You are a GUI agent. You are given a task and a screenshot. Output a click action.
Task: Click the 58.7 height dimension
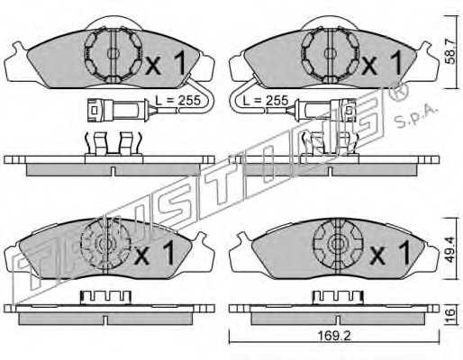coord(450,52)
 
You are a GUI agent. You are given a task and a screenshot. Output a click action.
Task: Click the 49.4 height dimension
coord(450,249)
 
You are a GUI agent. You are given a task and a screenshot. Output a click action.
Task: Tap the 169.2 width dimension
coord(334,336)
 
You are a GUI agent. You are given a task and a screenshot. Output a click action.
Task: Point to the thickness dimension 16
coord(450,314)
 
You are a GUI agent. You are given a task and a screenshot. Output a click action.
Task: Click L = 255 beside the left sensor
coord(177,100)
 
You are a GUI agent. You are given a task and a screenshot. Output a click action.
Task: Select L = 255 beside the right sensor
coord(266,100)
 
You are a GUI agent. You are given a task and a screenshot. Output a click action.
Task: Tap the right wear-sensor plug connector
coord(326,110)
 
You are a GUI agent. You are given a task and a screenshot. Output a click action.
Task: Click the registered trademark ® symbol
coord(398,92)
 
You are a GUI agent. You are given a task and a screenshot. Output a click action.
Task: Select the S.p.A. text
coord(415,117)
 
